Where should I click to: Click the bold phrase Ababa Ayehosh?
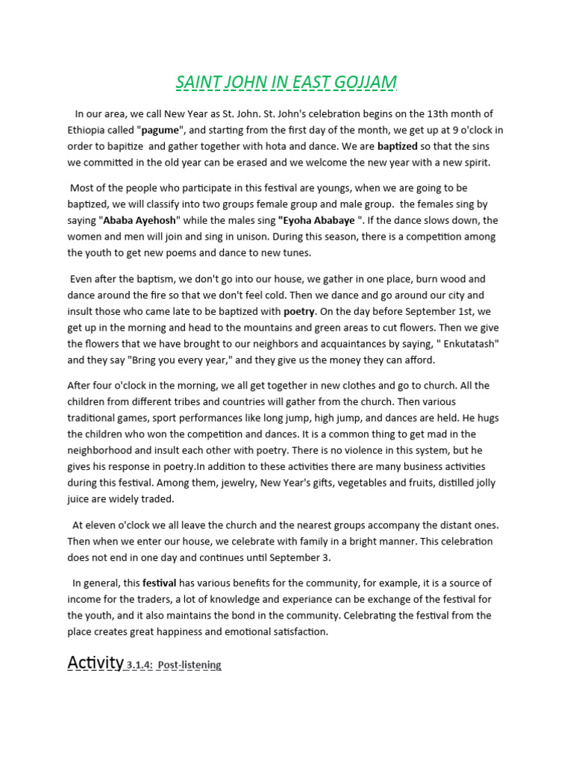pyautogui.click(x=142, y=220)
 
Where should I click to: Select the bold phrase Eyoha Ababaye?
pyautogui.click(x=316, y=220)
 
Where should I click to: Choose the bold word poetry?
pyautogui.click(x=300, y=310)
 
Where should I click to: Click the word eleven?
pyautogui.click(x=101, y=525)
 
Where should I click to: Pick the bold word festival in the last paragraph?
pyautogui.click(x=159, y=583)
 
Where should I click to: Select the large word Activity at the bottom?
pyautogui.click(x=95, y=662)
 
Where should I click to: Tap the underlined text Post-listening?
pyautogui.click(x=190, y=665)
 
